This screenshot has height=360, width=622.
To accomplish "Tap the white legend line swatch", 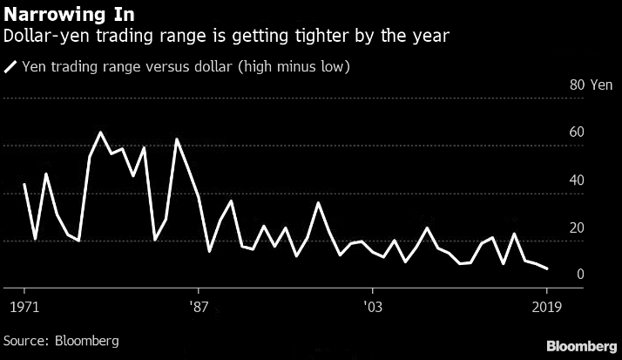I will (10, 67).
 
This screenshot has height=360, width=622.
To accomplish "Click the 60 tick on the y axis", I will (576, 132).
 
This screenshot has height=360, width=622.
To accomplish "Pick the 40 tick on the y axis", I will (576, 180).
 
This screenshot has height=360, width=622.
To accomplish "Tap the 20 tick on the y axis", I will (576, 228).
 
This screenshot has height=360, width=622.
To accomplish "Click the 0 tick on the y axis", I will (579, 275).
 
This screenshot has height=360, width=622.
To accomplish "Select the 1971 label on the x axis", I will (24, 305).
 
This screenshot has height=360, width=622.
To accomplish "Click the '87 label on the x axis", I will (199, 305).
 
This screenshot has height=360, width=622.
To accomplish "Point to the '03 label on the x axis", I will (372, 305).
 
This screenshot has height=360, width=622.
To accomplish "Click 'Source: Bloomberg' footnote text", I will (61, 339).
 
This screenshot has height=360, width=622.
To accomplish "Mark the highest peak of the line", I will (100, 132).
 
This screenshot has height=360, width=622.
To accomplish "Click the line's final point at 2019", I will (546, 268).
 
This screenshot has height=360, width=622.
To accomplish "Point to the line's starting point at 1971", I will (24, 184).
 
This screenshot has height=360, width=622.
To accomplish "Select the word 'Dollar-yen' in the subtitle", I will (41, 37).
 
